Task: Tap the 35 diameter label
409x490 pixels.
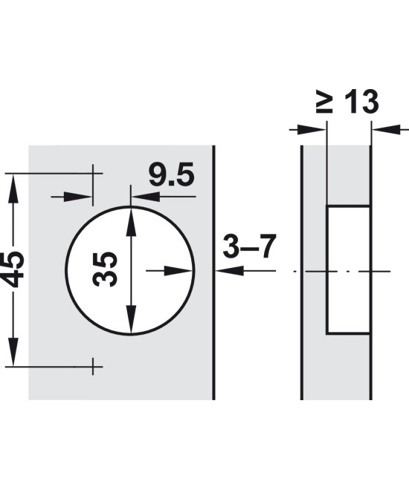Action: pos(105,269)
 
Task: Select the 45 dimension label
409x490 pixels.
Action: pos(13,269)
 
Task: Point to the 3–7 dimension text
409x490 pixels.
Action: pos(249,246)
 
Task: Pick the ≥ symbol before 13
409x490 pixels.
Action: pos(324,102)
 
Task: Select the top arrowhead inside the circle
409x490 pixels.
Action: pos(131,221)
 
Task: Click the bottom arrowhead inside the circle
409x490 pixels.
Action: pos(131,320)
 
